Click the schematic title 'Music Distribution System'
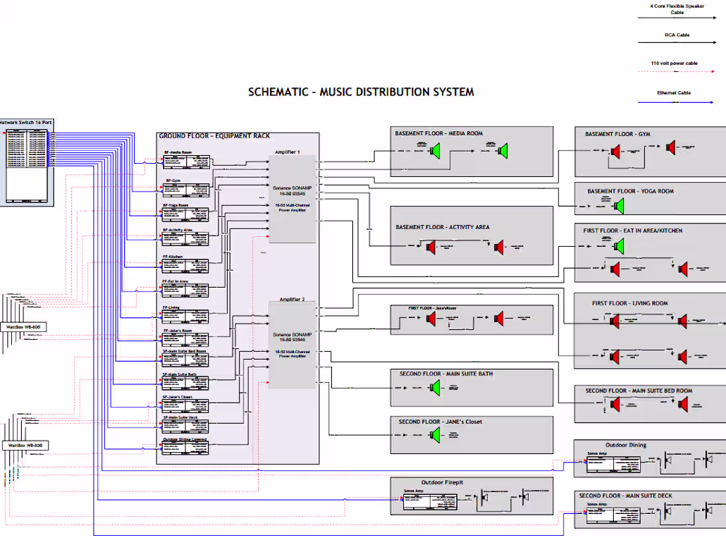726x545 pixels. (361, 92)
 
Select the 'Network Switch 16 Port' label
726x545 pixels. (26, 123)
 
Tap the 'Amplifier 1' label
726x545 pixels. (289, 152)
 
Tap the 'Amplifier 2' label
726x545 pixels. (291, 300)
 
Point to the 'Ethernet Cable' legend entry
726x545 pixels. (674, 93)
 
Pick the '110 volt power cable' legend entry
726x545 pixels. (674, 63)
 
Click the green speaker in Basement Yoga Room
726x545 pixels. (618, 207)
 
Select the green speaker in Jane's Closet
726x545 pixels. (434, 435)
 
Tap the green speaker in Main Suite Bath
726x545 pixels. (434, 388)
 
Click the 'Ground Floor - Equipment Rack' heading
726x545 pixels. (214, 136)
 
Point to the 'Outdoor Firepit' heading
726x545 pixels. (442, 482)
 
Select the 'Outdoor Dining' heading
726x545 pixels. (626, 445)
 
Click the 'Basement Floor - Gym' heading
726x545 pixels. (617, 134)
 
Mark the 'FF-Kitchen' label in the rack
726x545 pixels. (173, 257)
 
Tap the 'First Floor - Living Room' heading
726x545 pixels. (630, 304)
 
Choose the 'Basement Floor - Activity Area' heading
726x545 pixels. (442, 227)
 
